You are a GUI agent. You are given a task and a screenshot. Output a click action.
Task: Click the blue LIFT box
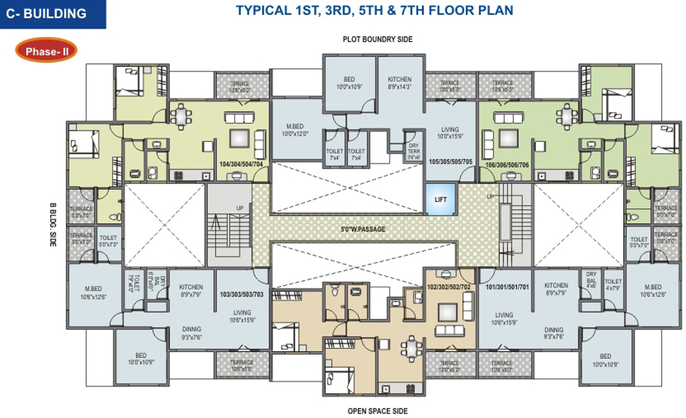coord(441,199)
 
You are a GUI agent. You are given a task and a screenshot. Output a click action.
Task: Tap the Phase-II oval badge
coord(47,51)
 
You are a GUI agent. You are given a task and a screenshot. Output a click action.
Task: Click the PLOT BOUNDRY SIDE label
coord(377,40)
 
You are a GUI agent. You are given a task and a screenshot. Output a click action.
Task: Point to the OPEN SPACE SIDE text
coord(377,411)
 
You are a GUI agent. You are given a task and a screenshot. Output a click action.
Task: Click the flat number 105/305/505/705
coord(451,163)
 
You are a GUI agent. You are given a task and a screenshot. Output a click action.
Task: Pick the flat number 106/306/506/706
coord(507,164)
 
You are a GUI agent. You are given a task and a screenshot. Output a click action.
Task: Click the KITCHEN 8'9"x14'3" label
coord(399,83)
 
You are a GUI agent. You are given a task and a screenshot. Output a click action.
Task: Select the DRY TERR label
coord(413,151)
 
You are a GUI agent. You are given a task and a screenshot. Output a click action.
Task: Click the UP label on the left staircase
coord(240,208)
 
